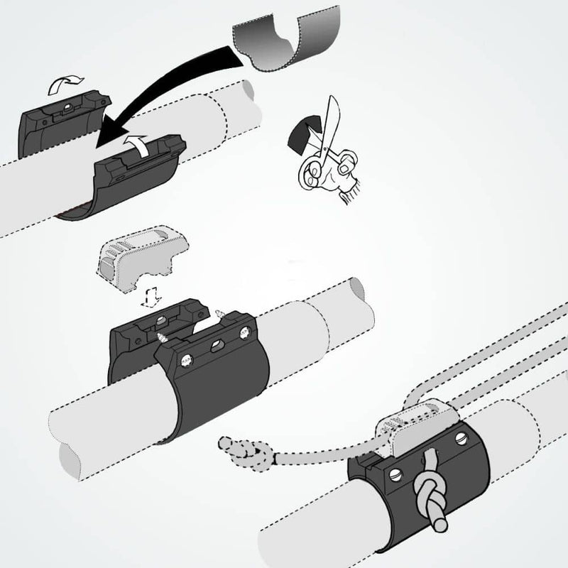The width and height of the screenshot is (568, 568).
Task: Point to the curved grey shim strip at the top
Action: coord(284,39)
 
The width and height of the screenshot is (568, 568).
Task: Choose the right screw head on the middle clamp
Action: coord(245,331)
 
